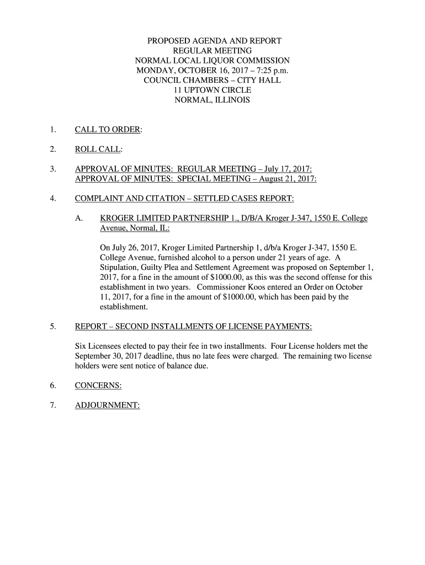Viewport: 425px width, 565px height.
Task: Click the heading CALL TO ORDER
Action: coord(108,130)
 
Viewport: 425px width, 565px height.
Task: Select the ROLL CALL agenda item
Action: coord(98,149)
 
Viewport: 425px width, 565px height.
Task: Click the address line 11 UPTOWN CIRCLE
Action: coord(212,90)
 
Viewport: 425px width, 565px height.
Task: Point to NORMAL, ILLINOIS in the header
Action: coord(212,100)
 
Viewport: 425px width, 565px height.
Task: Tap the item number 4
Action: coord(52,198)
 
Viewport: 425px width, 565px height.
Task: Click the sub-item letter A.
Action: coord(79,218)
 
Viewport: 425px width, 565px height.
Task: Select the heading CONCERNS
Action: coord(98,386)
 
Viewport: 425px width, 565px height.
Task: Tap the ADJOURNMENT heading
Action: coord(107,406)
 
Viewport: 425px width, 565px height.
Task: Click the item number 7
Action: coord(52,406)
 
